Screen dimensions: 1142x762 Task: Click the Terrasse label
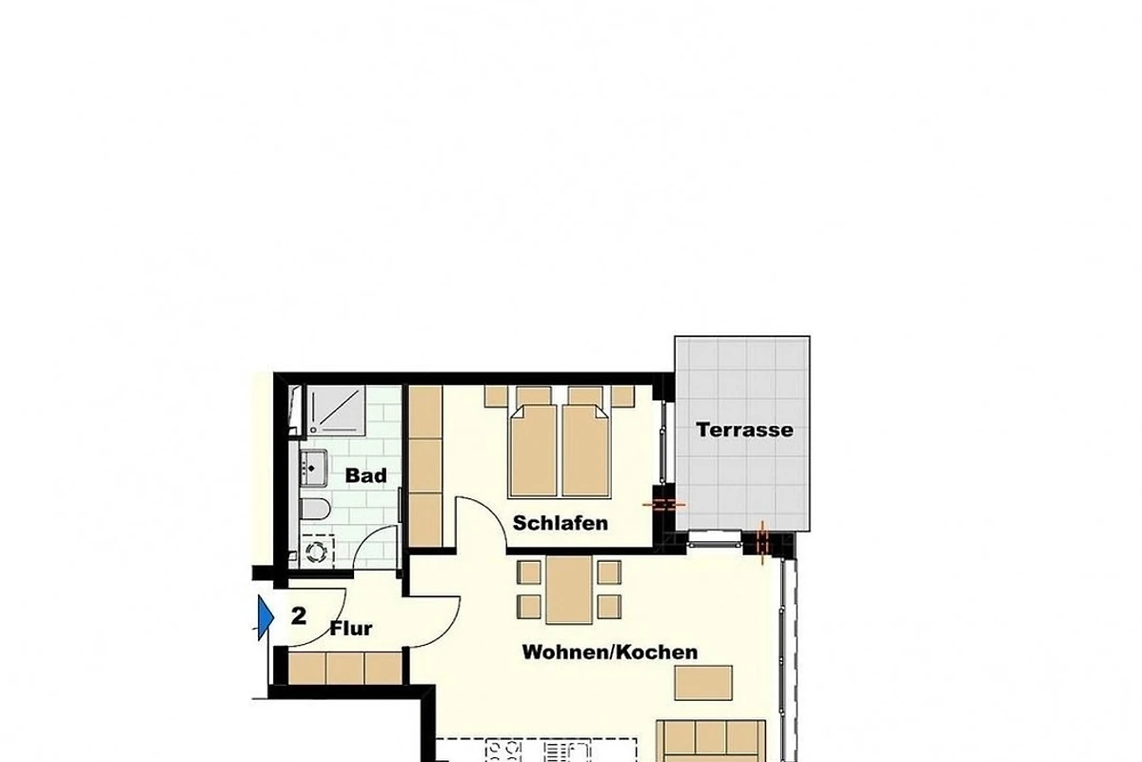pos(744,430)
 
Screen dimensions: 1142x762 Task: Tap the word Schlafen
pos(561,523)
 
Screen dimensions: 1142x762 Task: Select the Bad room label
pos(366,475)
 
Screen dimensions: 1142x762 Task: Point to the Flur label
pos(351,629)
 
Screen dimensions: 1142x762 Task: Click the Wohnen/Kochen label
pos(610,652)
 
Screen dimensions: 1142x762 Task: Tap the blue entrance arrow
pos(266,617)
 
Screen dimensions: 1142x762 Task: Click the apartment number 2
pos(299,616)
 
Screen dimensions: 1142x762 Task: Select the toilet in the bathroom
pos(315,509)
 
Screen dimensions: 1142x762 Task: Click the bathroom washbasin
pos(313,468)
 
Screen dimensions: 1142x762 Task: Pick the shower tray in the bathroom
pos(336,411)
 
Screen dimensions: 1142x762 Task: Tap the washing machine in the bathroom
pos(317,551)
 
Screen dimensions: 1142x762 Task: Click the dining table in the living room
pos(569,590)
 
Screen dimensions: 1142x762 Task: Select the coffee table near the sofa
pos(703,683)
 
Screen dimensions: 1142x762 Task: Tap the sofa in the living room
pos(711,741)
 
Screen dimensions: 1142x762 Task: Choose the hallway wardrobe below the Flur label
pos(345,668)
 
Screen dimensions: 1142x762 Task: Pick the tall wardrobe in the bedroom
pos(425,466)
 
